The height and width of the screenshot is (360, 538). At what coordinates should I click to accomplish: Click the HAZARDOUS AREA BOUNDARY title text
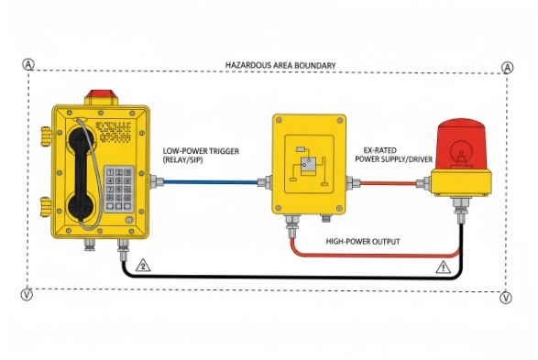(280, 66)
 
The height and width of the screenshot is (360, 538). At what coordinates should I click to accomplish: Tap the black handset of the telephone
(78, 174)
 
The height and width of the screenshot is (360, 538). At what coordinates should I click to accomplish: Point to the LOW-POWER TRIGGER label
(203, 149)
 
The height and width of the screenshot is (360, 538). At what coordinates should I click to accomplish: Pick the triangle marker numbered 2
(143, 266)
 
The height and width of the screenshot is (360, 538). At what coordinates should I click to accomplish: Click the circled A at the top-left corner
(29, 65)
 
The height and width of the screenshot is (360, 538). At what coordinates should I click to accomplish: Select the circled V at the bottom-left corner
(28, 295)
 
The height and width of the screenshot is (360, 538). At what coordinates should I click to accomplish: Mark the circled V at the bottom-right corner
(507, 298)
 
